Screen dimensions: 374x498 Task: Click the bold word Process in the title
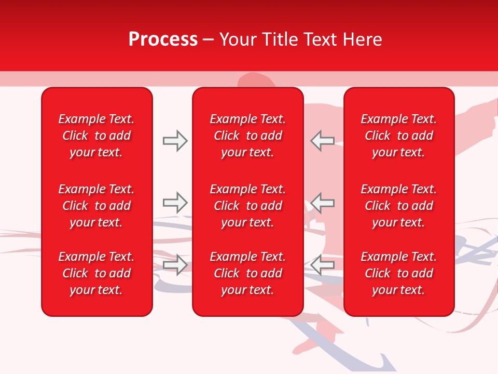[x=163, y=39]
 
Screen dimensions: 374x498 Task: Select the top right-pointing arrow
[x=175, y=141]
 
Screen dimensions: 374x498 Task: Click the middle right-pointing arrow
[x=175, y=203]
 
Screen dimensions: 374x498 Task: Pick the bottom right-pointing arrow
[x=175, y=265]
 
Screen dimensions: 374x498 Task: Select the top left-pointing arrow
[x=323, y=141]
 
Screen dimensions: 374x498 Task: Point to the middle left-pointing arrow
[x=323, y=203]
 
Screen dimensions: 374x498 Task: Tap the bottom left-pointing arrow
[x=323, y=265]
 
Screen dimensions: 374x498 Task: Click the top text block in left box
[x=96, y=136]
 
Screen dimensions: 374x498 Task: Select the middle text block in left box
[x=96, y=206]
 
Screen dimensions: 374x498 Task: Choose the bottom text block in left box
[x=96, y=273]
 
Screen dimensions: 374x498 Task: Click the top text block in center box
[x=247, y=136]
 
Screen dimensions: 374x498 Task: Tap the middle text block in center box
[x=247, y=206]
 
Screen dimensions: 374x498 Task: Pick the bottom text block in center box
[x=247, y=273]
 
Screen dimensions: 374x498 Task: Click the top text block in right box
[x=398, y=136]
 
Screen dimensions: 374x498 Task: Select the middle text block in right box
[x=398, y=206]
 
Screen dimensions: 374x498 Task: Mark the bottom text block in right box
[x=398, y=273]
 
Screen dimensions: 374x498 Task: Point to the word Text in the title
[x=319, y=39]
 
